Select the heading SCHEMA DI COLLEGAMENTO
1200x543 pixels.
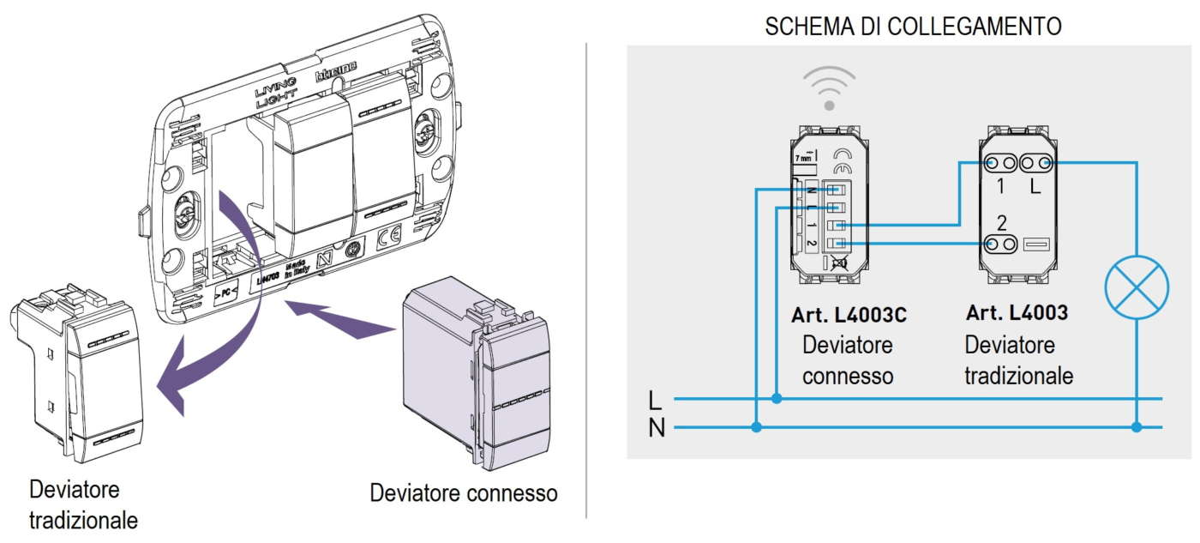[913, 26]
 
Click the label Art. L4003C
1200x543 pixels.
[849, 316]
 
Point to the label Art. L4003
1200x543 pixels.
[1017, 313]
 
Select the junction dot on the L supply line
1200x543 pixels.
[777, 398]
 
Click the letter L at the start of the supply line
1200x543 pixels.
[656, 400]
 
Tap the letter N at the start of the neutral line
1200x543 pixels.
[657, 427]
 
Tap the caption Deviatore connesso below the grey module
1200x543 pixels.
[464, 493]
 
